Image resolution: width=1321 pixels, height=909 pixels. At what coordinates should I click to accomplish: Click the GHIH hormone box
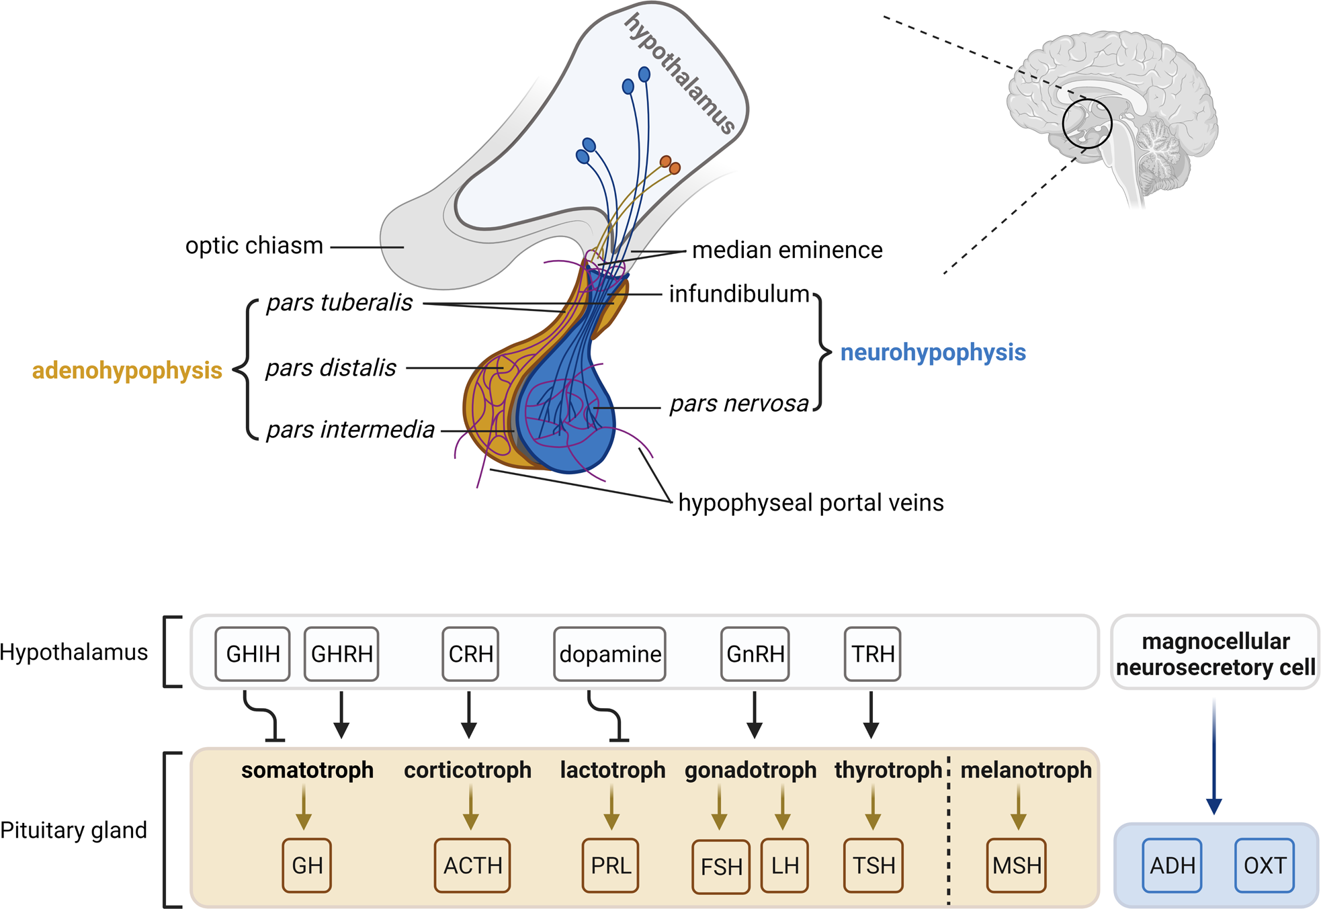(252, 654)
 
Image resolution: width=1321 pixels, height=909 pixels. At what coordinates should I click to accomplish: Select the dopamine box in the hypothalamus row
(609, 654)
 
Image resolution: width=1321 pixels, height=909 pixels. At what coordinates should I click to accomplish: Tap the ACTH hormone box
(472, 865)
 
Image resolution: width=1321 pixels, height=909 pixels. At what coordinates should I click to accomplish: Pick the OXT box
(1264, 865)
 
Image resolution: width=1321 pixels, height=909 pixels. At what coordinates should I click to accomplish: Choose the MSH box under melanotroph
(1016, 865)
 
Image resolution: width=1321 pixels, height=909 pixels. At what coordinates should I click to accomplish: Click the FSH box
(720, 867)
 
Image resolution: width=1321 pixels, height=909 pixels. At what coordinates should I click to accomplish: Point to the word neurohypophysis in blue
(933, 352)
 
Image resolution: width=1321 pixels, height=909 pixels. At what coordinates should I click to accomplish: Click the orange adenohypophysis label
(127, 370)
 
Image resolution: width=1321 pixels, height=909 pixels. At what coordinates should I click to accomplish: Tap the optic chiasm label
(254, 246)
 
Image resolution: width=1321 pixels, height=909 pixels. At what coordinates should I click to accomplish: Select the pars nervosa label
(739, 404)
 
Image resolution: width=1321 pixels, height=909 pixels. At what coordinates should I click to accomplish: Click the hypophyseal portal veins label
(810, 503)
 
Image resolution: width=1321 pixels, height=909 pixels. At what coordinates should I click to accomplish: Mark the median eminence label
(787, 250)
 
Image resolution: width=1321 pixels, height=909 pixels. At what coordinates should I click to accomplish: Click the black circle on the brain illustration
(1087, 124)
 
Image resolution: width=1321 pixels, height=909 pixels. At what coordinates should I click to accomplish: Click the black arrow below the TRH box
(871, 716)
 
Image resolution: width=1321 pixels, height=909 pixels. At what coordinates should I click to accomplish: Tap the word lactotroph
(612, 770)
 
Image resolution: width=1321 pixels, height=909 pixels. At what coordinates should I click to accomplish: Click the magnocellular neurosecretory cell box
(1215, 654)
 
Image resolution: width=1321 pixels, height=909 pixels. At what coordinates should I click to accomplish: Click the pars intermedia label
(350, 430)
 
